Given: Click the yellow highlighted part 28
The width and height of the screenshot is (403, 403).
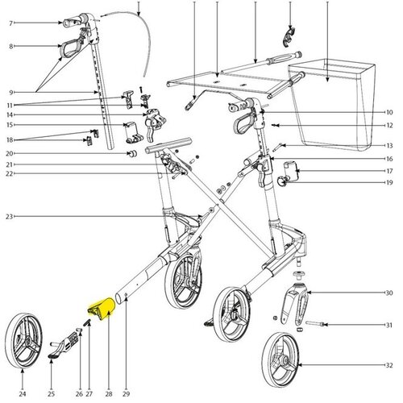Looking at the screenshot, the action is (102, 309).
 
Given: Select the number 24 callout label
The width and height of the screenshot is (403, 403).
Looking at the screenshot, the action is (23, 394).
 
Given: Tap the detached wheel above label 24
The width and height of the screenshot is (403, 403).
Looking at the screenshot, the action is (23, 341).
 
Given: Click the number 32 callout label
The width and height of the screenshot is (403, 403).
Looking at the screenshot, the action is (389, 365).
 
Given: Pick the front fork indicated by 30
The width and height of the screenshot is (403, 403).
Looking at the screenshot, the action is (295, 304).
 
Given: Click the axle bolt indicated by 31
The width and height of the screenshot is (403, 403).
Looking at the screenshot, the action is (315, 324).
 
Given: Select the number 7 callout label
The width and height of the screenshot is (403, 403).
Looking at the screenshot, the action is (10, 23).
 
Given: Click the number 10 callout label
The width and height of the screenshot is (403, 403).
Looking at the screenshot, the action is (389, 112).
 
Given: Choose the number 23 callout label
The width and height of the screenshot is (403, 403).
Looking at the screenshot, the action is (10, 216).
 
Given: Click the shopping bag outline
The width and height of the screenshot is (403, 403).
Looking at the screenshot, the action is (332, 105).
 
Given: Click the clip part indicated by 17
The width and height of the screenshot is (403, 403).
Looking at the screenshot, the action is (291, 170).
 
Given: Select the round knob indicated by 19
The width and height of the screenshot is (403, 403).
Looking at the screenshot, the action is (282, 181).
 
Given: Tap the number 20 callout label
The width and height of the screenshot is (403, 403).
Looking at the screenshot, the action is (10, 153).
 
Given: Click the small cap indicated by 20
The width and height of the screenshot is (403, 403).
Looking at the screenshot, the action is (132, 154).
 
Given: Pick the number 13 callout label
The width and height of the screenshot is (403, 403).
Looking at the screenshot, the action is (389, 146).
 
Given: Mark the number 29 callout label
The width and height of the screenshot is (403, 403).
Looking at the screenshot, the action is (126, 394).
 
